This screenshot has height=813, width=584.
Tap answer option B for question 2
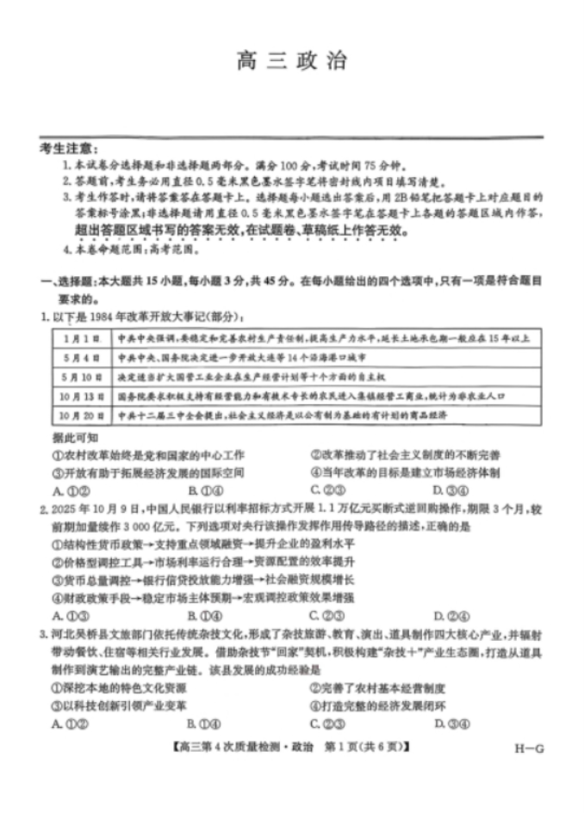(x=198, y=615)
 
